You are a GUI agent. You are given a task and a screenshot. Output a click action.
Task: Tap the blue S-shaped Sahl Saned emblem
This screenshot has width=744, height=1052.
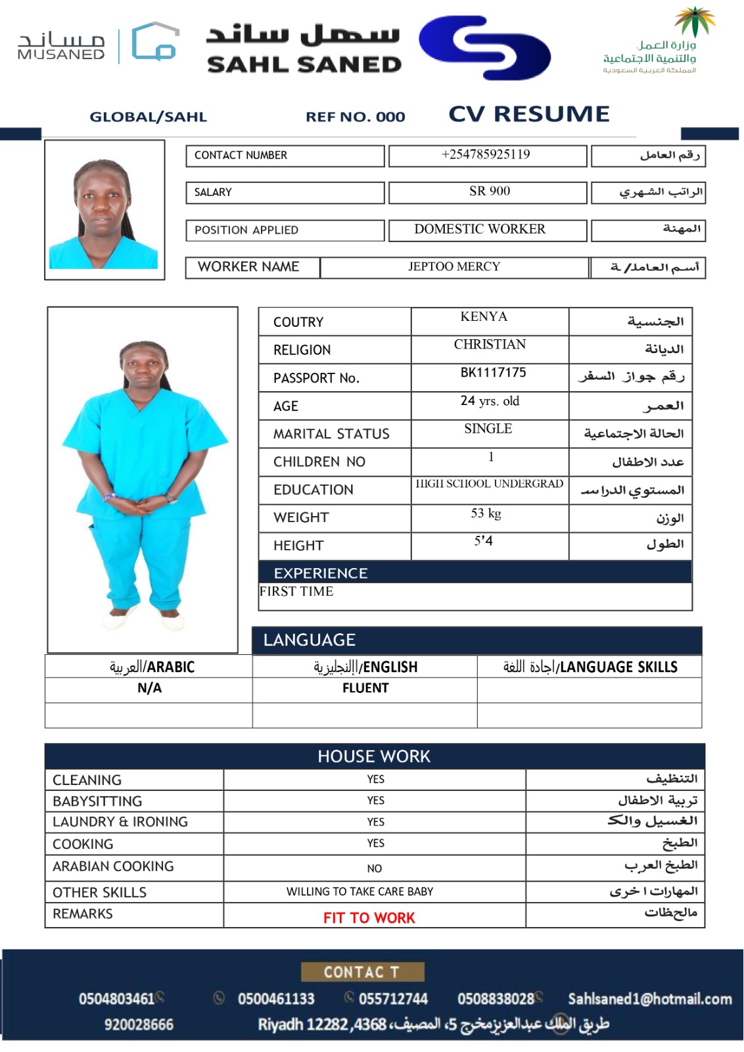485,47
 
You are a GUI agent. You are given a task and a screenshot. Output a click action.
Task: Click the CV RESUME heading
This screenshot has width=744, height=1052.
529,114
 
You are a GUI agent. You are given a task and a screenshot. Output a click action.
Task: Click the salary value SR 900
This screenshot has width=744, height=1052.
489,191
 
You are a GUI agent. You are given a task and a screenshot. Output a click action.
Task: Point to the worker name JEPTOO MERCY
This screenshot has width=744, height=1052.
454,267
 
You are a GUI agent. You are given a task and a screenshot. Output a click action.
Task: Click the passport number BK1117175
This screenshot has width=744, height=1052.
493,373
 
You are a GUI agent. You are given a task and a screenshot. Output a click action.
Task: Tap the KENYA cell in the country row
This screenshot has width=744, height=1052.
484,317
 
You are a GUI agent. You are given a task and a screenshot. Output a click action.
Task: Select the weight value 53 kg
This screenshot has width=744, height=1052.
486,514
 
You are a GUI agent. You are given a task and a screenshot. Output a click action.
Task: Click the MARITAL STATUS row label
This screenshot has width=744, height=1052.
331,434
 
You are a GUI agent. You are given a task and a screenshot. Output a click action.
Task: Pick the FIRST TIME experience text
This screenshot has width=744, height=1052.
296,592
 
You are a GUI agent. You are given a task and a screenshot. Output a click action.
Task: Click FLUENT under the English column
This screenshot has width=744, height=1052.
365,688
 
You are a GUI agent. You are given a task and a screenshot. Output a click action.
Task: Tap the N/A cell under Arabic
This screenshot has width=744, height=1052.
149,688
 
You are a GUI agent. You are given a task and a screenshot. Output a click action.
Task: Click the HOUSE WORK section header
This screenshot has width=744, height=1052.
374,757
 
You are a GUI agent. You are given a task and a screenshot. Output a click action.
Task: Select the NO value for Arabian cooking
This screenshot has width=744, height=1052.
375,869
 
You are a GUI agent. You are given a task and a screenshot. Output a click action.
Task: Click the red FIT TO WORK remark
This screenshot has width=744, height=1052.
369,918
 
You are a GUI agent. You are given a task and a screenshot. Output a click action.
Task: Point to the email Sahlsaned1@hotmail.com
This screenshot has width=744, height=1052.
649,999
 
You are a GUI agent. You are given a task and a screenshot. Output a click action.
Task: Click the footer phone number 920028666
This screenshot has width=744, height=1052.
139,1024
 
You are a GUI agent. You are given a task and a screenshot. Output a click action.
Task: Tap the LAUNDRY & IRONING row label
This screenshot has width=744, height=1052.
120,822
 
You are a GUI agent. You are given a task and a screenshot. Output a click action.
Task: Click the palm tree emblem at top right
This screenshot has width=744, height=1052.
694,21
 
